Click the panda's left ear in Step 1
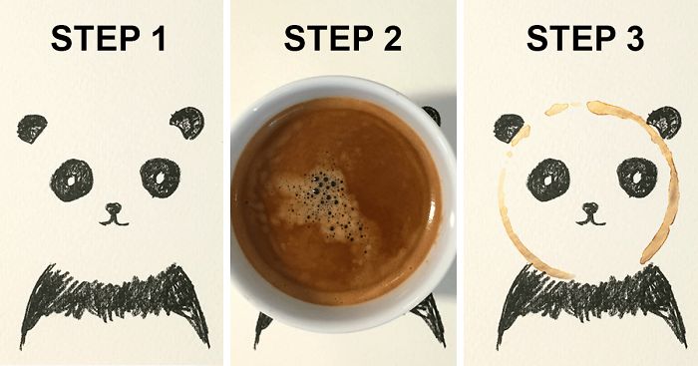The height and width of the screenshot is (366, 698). pyautogui.click(x=33, y=127)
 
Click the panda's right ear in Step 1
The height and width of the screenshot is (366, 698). pyautogui.click(x=186, y=123)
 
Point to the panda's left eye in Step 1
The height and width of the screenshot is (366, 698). pyautogui.click(x=72, y=179)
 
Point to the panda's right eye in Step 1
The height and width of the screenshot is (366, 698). pyautogui.click(x=159, y=178)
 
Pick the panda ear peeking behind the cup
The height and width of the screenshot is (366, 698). pyautogui.click(x=432, y=116)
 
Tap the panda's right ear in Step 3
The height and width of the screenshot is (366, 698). pyautogui.click(x=663, y=123)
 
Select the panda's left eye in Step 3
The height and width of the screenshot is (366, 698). pyautogui.click(x=549, y=179)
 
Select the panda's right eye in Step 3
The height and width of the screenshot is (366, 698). pyautogui.click(x=635, y=178)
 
